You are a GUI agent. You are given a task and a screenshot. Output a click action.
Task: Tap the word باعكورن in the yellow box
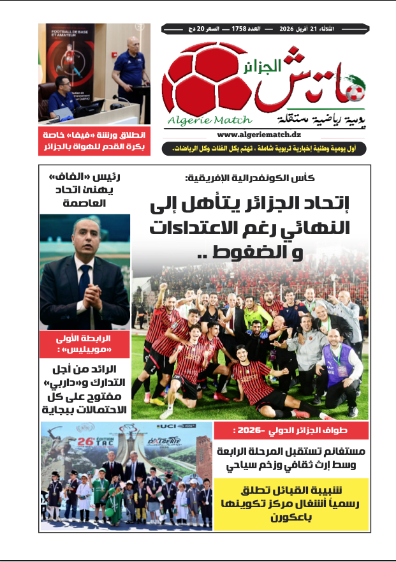(x=293, y=517)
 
